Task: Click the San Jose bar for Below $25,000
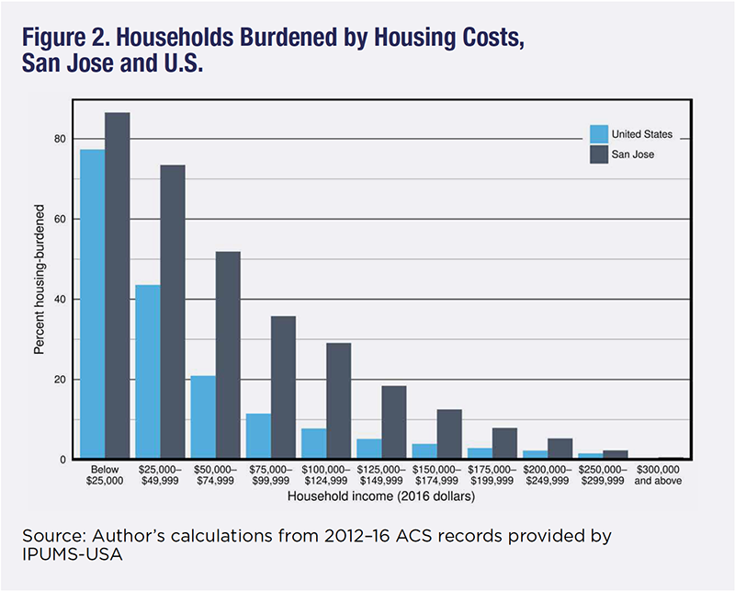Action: click(x=117, y=286)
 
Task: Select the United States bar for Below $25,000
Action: click(x=92, y=304)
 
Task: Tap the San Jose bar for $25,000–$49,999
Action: click(x=172, y=313)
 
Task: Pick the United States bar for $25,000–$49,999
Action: click(x=147, y=372)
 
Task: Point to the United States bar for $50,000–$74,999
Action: click(x=202, y=417)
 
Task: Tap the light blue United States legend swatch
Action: click(x=598, y=134)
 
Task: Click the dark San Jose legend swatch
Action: click(x=598, y=154)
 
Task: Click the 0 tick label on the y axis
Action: click(x=62, y=460)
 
